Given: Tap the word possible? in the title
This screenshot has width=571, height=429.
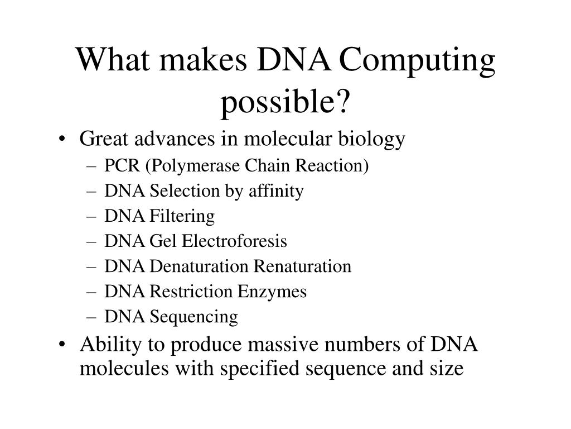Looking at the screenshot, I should [x=285, y=101].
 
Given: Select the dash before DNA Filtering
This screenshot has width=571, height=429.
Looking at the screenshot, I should [x=92, y=217].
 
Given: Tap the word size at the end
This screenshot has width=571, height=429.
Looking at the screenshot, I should [x=447, y=369].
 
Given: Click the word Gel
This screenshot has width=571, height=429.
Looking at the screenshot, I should [x=159, y=242].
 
